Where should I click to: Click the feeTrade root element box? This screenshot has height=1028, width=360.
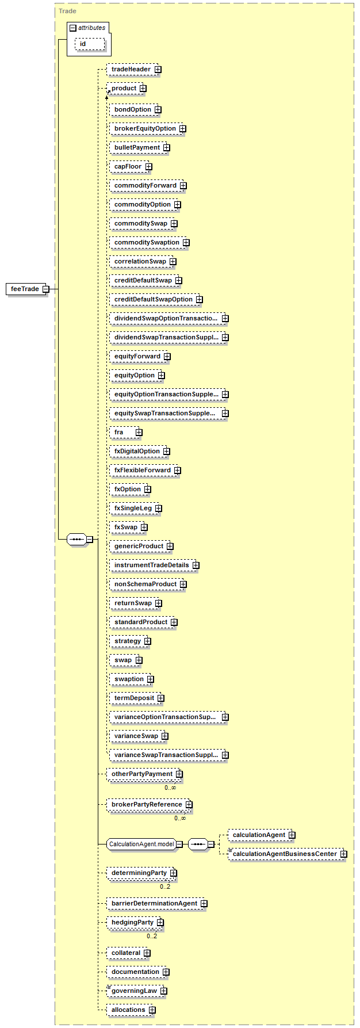26,289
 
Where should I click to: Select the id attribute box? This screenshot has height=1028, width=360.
90,44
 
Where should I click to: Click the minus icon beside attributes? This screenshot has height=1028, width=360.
73,28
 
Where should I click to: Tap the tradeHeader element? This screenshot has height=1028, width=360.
132,70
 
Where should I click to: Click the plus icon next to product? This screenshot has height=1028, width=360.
143,89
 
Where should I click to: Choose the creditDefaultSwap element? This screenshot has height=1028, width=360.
143,281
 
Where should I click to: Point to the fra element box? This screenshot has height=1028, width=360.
125,433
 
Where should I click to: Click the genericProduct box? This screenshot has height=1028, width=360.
139,547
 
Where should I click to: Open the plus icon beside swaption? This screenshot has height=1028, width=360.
151,679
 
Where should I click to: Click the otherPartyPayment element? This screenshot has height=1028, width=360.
143,774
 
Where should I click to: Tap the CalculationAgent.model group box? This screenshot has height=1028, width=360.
141,844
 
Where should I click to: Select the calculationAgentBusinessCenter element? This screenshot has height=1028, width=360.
285,854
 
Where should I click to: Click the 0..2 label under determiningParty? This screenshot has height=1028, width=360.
165,886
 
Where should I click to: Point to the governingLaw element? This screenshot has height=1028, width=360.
135,991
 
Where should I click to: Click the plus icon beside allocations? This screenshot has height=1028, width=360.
152,1010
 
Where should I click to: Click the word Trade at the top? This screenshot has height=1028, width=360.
67,11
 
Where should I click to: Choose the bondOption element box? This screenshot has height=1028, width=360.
133,110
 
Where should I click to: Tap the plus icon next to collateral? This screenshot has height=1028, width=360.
147,953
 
